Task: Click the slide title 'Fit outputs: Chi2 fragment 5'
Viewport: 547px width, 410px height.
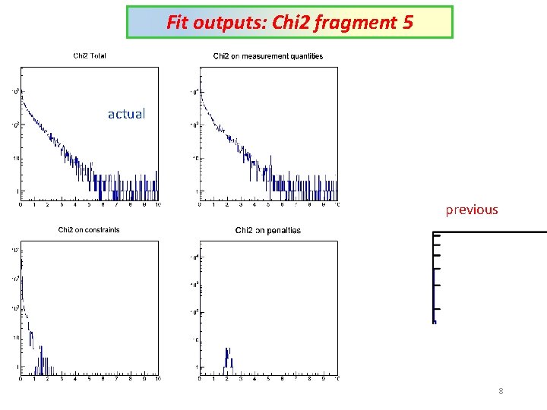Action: (289, 23)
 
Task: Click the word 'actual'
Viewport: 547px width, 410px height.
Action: (126, 114)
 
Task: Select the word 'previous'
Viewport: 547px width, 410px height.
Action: (471, 210)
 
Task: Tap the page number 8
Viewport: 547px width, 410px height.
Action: (501, 391)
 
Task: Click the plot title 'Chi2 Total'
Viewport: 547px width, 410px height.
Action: (90, 55)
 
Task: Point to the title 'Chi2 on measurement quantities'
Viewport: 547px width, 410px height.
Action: (268, 55)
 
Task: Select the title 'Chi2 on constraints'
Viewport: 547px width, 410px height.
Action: (89, 230)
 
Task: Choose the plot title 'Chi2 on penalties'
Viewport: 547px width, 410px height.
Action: (268, 230)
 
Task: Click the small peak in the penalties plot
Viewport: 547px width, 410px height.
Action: (227, 357)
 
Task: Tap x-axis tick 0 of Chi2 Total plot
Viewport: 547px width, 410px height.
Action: (21, 205)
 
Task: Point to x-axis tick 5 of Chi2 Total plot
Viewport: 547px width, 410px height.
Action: (89, 205)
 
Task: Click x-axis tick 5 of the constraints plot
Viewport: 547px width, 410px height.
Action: (89, 378)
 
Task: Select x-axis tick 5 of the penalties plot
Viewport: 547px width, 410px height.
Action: (268, 378)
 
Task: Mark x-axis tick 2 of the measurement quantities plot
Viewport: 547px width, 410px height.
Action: (227, 205)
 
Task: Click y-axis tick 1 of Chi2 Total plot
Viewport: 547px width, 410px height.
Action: (14, 191)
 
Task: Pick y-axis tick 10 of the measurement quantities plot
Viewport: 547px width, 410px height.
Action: (193, 158)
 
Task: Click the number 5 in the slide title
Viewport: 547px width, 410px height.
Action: (408, 23)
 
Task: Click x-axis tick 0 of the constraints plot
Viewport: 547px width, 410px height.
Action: (21, 378)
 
